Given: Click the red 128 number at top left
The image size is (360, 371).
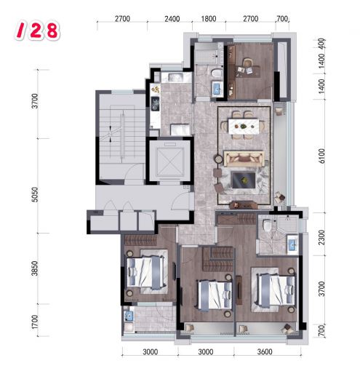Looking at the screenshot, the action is (x=37, y=31).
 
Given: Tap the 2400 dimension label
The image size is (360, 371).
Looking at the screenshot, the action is (x=172, y=19).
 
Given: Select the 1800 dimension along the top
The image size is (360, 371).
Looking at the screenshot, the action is (x=209, y=19).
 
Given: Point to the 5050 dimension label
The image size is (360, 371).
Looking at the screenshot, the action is (x=35, y=194).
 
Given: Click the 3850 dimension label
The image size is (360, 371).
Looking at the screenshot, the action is (x=35, y=268).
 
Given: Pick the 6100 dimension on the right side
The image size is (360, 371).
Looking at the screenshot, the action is (x=321, y=156).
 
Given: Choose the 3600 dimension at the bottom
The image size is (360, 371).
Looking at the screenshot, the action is (x=265, y=351).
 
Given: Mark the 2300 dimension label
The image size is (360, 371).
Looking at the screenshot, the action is (x=321, y=237).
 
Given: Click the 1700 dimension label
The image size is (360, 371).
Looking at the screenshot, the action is (x=35, y=322).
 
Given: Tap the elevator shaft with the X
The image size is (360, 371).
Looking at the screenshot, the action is (x=169, y=161).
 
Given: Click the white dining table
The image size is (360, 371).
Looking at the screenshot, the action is (x=243, y=126).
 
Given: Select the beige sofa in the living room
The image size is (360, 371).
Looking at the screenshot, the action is (x=244, y=159).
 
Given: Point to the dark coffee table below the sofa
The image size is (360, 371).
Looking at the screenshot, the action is (x=244, y=180).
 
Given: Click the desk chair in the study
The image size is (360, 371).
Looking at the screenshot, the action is (x=247, y=63).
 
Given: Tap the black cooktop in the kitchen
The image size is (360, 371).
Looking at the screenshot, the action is (x=155, y=104).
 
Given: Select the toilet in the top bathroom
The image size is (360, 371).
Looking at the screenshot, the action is (x=217, y=73).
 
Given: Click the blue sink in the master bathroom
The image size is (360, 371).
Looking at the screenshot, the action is (x=292, y=244).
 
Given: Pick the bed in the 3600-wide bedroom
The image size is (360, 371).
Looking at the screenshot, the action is (x=276, y=290).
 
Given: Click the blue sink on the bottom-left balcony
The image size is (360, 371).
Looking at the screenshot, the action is (x=128, y=316).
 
